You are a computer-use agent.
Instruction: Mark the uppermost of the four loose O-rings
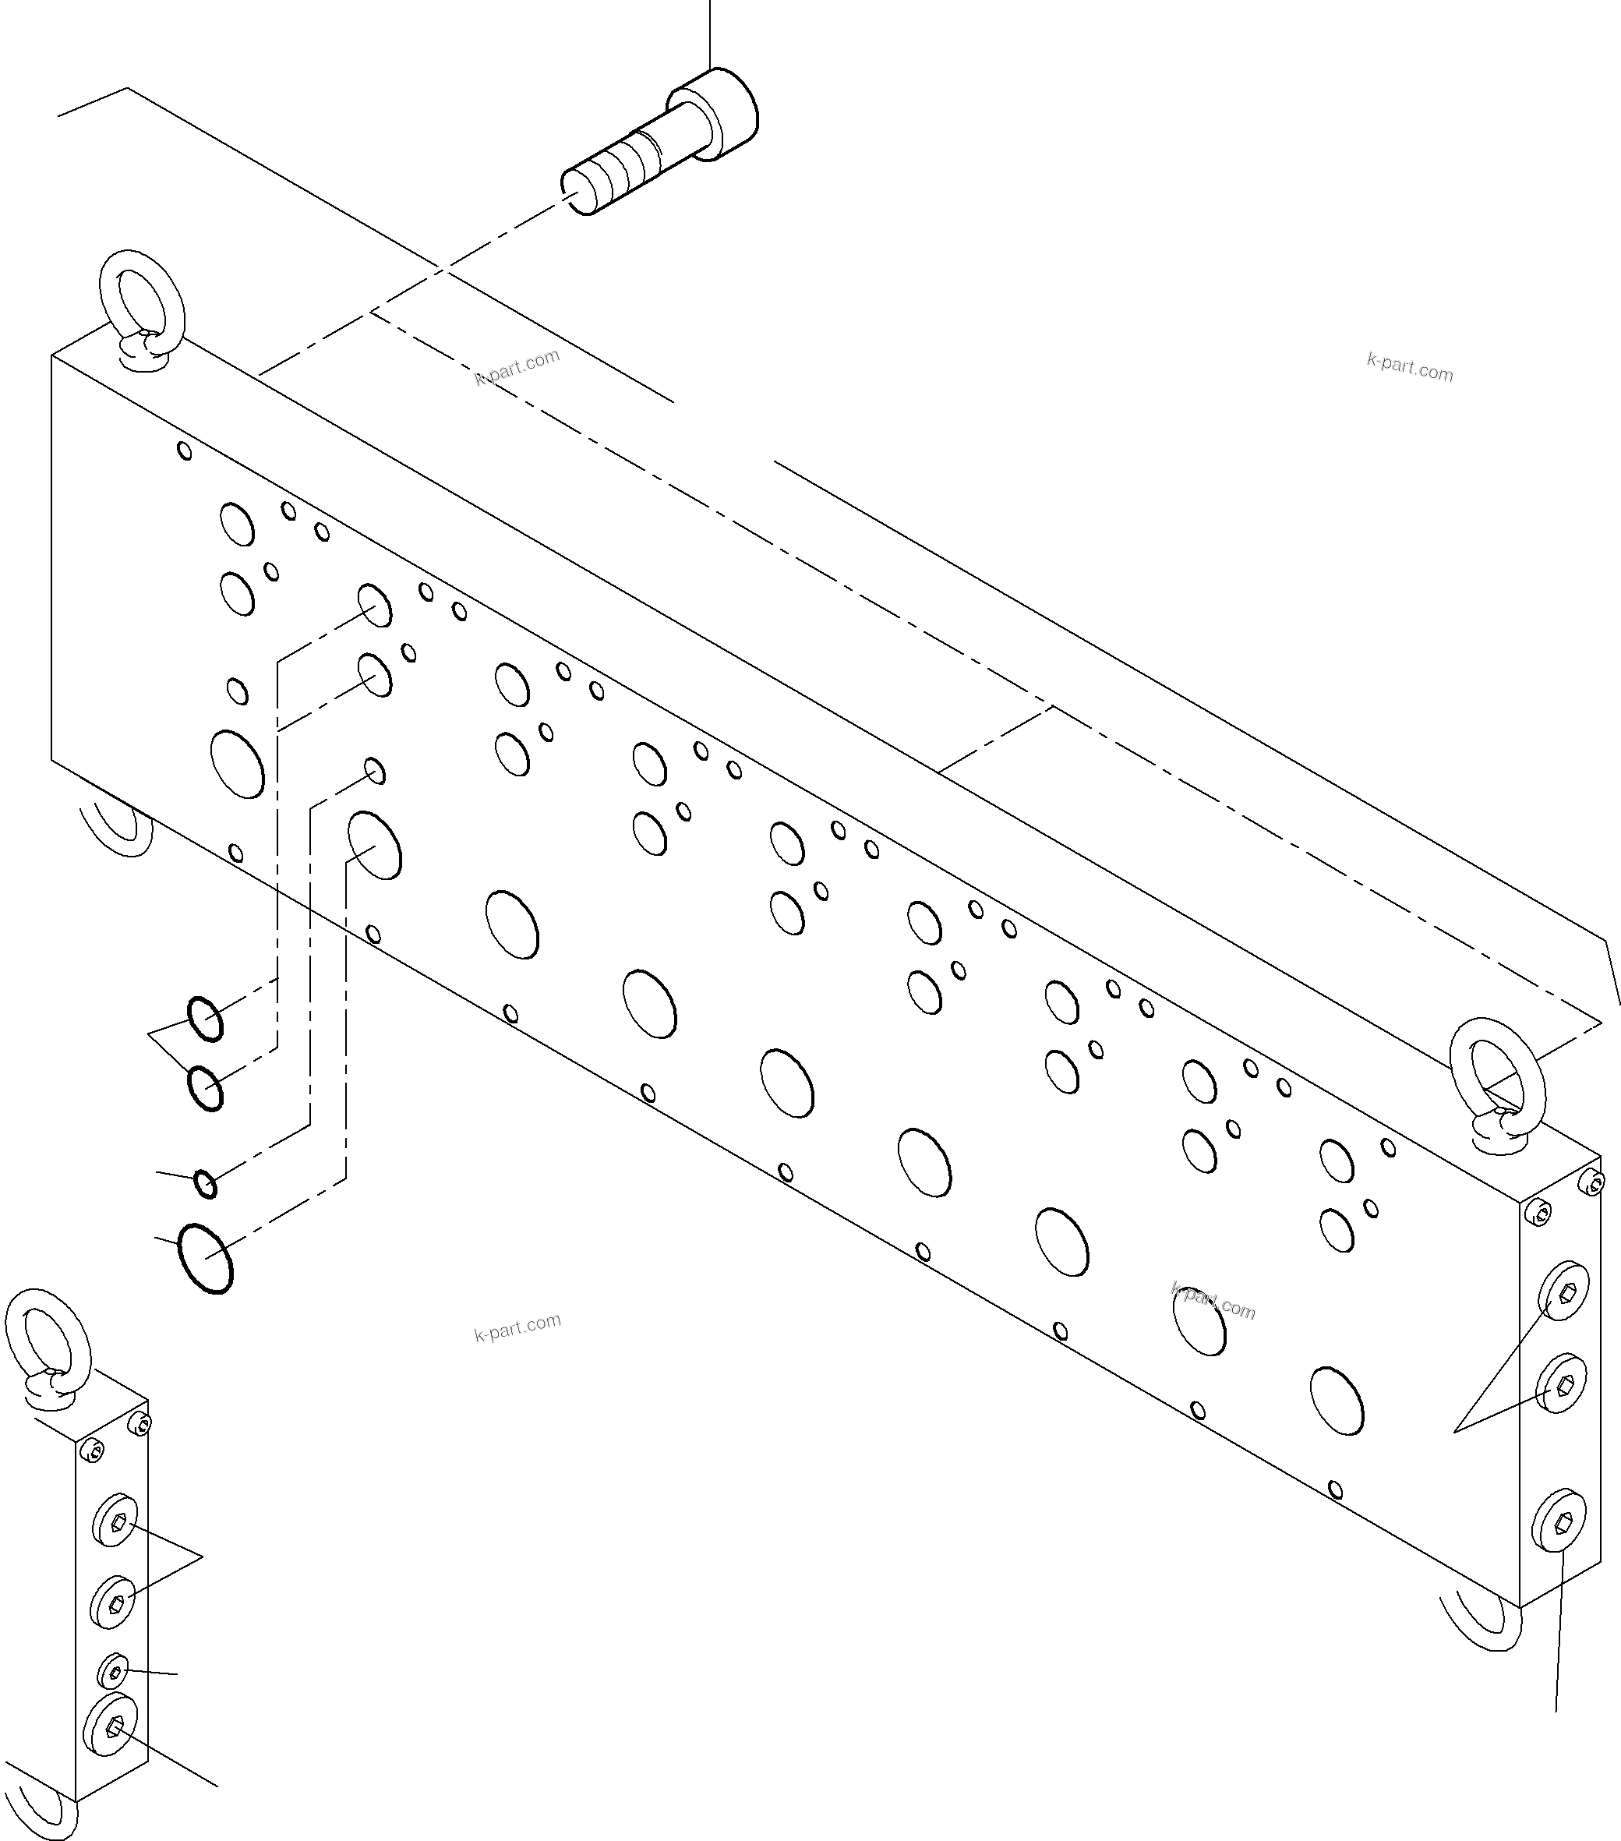(205, 1019)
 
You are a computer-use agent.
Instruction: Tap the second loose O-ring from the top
(205, 1088)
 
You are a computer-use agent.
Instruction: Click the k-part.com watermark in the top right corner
(1409, 367)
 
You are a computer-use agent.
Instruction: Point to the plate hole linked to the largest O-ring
(375, 845)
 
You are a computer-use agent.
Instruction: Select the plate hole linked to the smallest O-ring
(376, 771)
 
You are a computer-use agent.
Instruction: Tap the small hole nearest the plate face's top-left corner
(185, 451)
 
